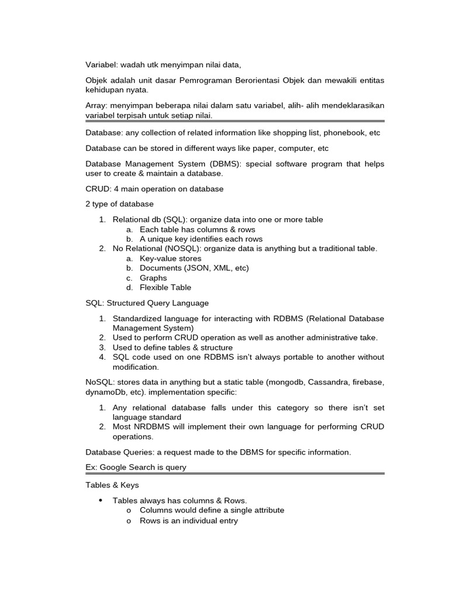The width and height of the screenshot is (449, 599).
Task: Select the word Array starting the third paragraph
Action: (x=96, y=105)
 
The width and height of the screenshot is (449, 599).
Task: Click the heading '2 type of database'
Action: (x=119, y=204)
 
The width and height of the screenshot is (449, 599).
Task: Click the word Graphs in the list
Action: (x=153, y=278)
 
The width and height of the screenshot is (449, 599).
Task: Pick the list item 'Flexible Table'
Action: (x=165, y=287)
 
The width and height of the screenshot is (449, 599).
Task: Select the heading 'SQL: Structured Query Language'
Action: (x=147, y=303)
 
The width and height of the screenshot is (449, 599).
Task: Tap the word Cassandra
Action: (x=327, y=382)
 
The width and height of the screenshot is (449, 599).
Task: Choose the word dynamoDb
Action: (x=106, y=391)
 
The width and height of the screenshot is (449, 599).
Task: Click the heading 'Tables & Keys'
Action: (x=112, y=486)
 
